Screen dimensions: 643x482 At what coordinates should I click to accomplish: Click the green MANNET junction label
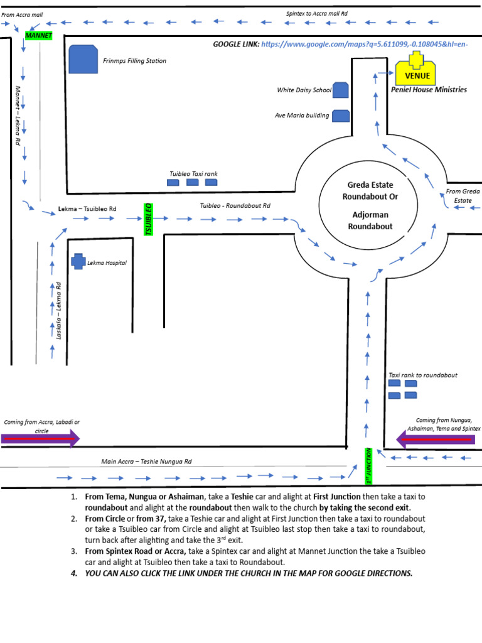pos(38,35)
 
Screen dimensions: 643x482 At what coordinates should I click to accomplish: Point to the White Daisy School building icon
pos(340,90)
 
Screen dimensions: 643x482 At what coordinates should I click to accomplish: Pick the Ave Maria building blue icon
pos(340,116)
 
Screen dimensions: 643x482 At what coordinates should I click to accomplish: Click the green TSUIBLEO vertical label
pos(149,219)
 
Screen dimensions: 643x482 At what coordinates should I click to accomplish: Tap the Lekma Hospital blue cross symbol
pos(78,261)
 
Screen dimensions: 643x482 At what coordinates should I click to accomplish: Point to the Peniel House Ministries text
pos(429,90)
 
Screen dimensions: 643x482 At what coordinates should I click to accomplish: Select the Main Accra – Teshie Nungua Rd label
pos(146,462)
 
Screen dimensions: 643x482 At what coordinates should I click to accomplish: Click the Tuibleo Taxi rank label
pos(193,174)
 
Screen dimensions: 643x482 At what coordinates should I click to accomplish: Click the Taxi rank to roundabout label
pos(423,375)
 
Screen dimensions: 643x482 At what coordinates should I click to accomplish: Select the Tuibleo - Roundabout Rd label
pos(235,205)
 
